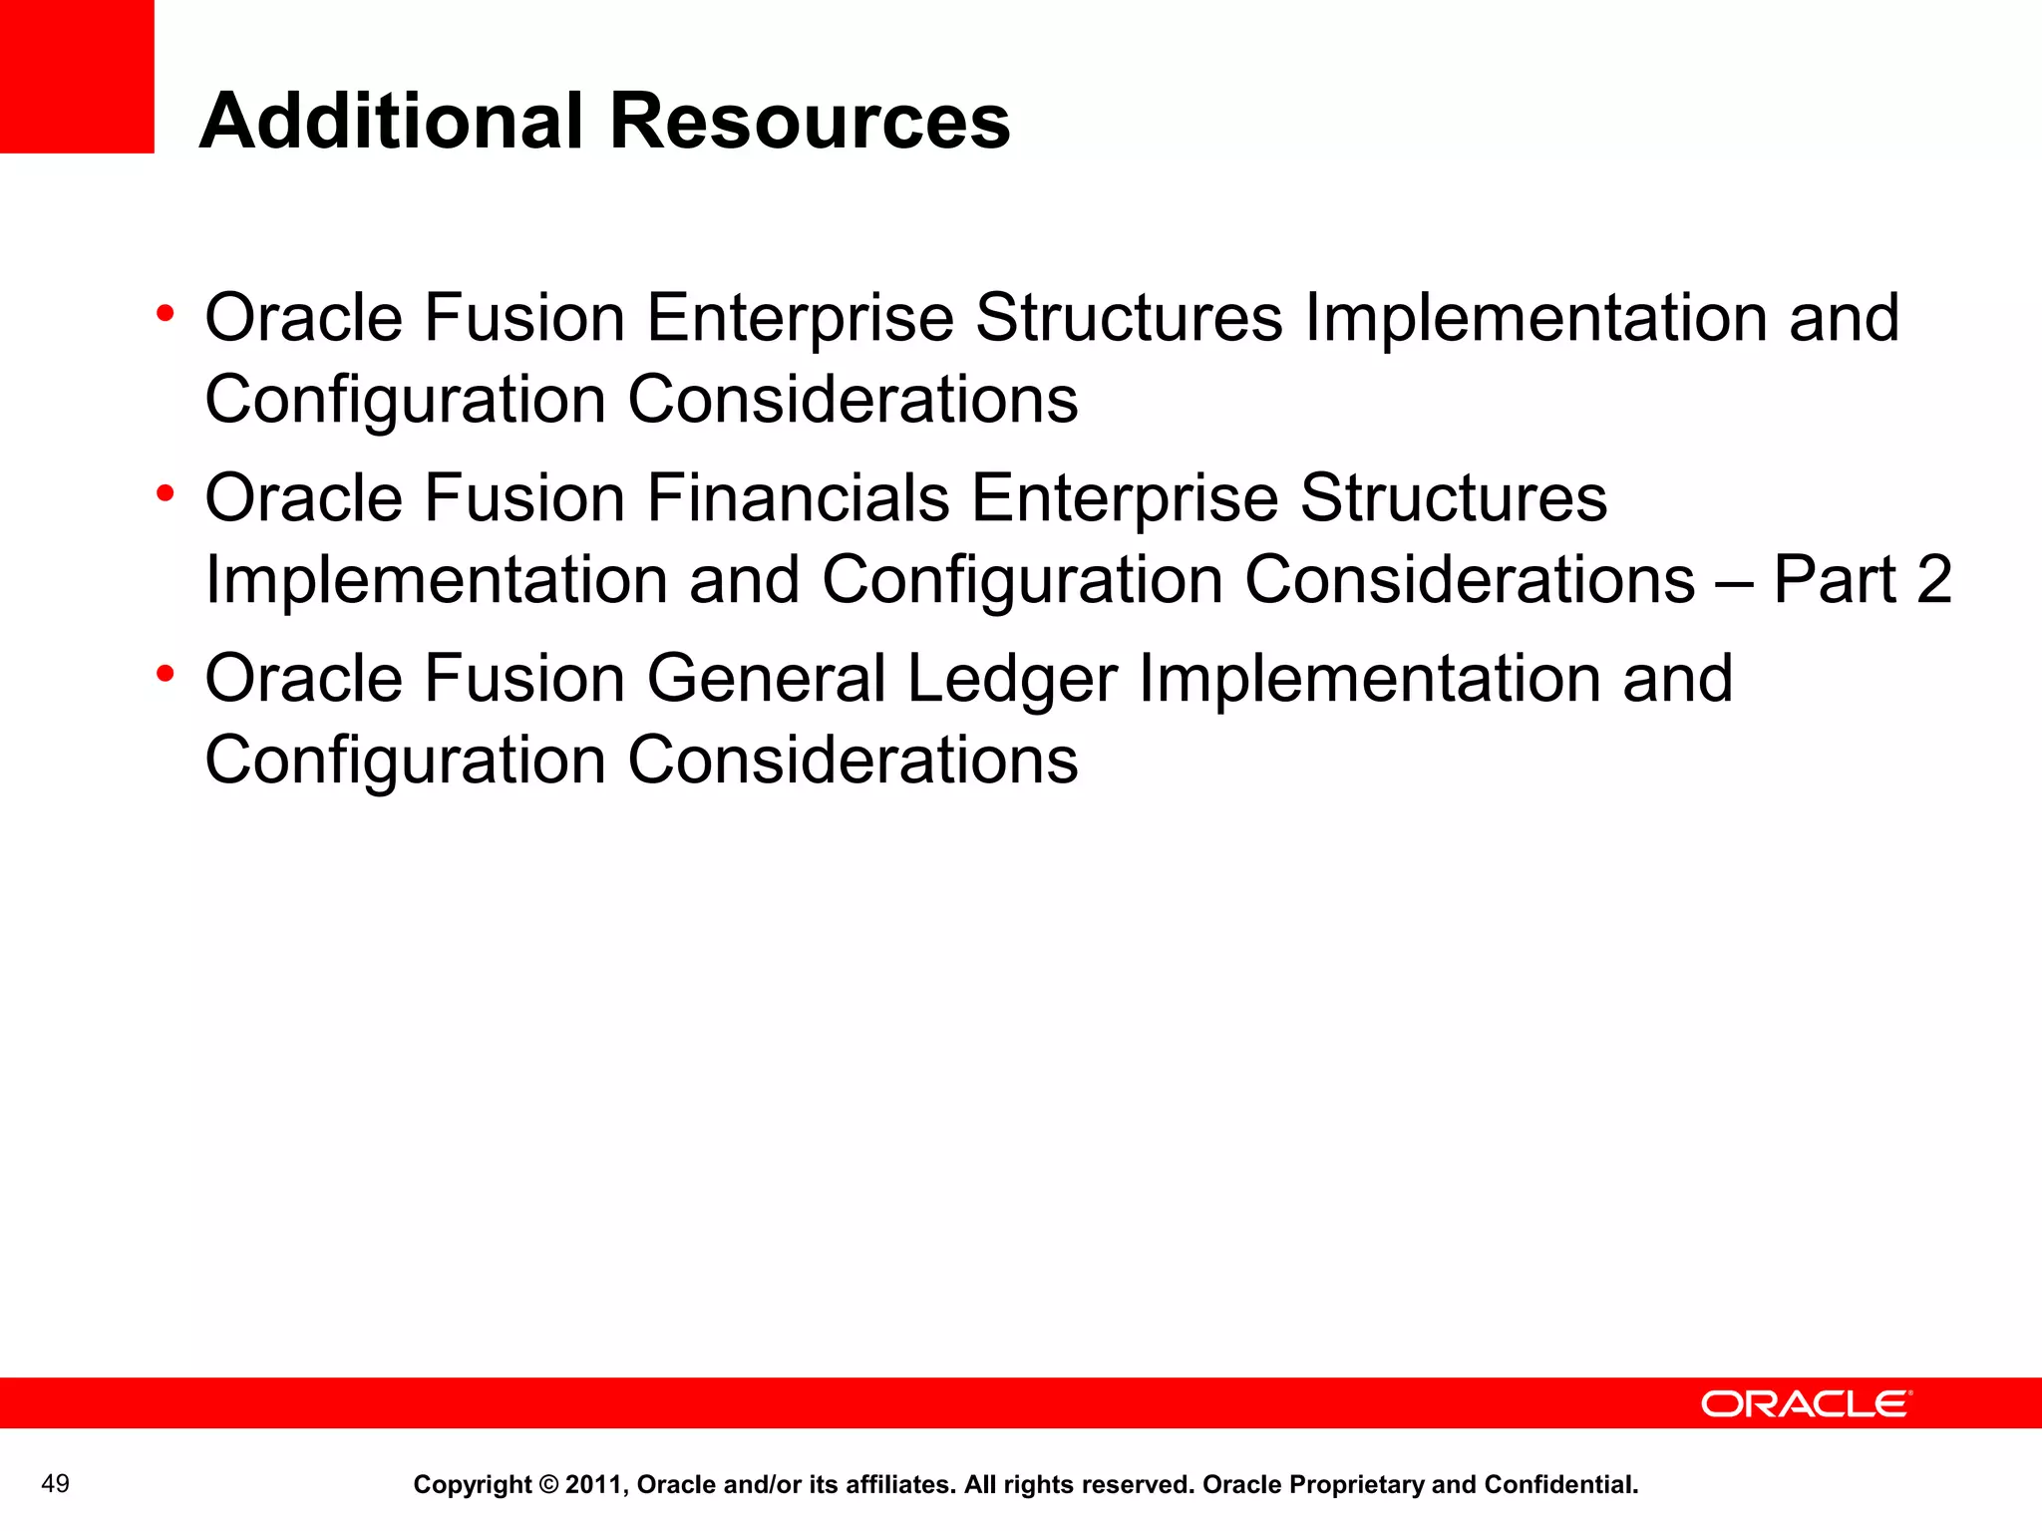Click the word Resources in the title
[x=809, y=121]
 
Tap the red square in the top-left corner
[x=77, y=76]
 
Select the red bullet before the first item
[x=166, y=314]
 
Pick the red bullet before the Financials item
[x=166, y=493]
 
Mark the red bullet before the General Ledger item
[x=166, y=674]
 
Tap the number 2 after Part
[x=1933, y=579]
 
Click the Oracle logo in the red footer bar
[x=1806, y=1403]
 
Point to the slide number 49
[x=56, y=1484]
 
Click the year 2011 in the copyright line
[x=594, y=1485]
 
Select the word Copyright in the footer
[x=472, y=1485]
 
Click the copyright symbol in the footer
[x=548, y=1485]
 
